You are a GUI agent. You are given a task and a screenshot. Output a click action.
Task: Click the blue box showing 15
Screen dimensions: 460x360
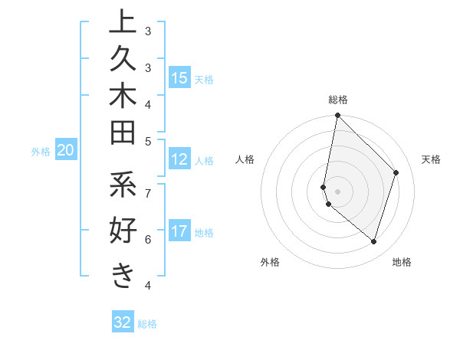[179, 78]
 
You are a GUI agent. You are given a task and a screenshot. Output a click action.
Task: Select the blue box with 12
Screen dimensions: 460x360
[179, 159]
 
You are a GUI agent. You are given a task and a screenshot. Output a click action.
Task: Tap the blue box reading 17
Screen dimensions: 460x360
[179, 231]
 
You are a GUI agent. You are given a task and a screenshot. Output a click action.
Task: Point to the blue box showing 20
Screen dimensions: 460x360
[66, 151]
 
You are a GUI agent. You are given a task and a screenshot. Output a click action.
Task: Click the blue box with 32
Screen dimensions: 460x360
[122, 322]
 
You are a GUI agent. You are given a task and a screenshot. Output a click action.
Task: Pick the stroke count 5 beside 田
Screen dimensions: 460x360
[148, 141]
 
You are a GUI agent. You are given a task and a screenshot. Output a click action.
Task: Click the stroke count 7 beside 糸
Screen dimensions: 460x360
[148, 191]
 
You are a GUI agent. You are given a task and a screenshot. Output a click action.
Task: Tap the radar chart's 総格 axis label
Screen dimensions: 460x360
[337, 100]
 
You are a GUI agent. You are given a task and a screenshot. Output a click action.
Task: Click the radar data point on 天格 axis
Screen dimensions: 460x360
[396, 172]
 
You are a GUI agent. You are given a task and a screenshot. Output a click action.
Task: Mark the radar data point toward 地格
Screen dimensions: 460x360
[373, 241]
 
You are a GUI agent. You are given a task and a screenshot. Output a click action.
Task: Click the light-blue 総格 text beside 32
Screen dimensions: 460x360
[147, 324]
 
